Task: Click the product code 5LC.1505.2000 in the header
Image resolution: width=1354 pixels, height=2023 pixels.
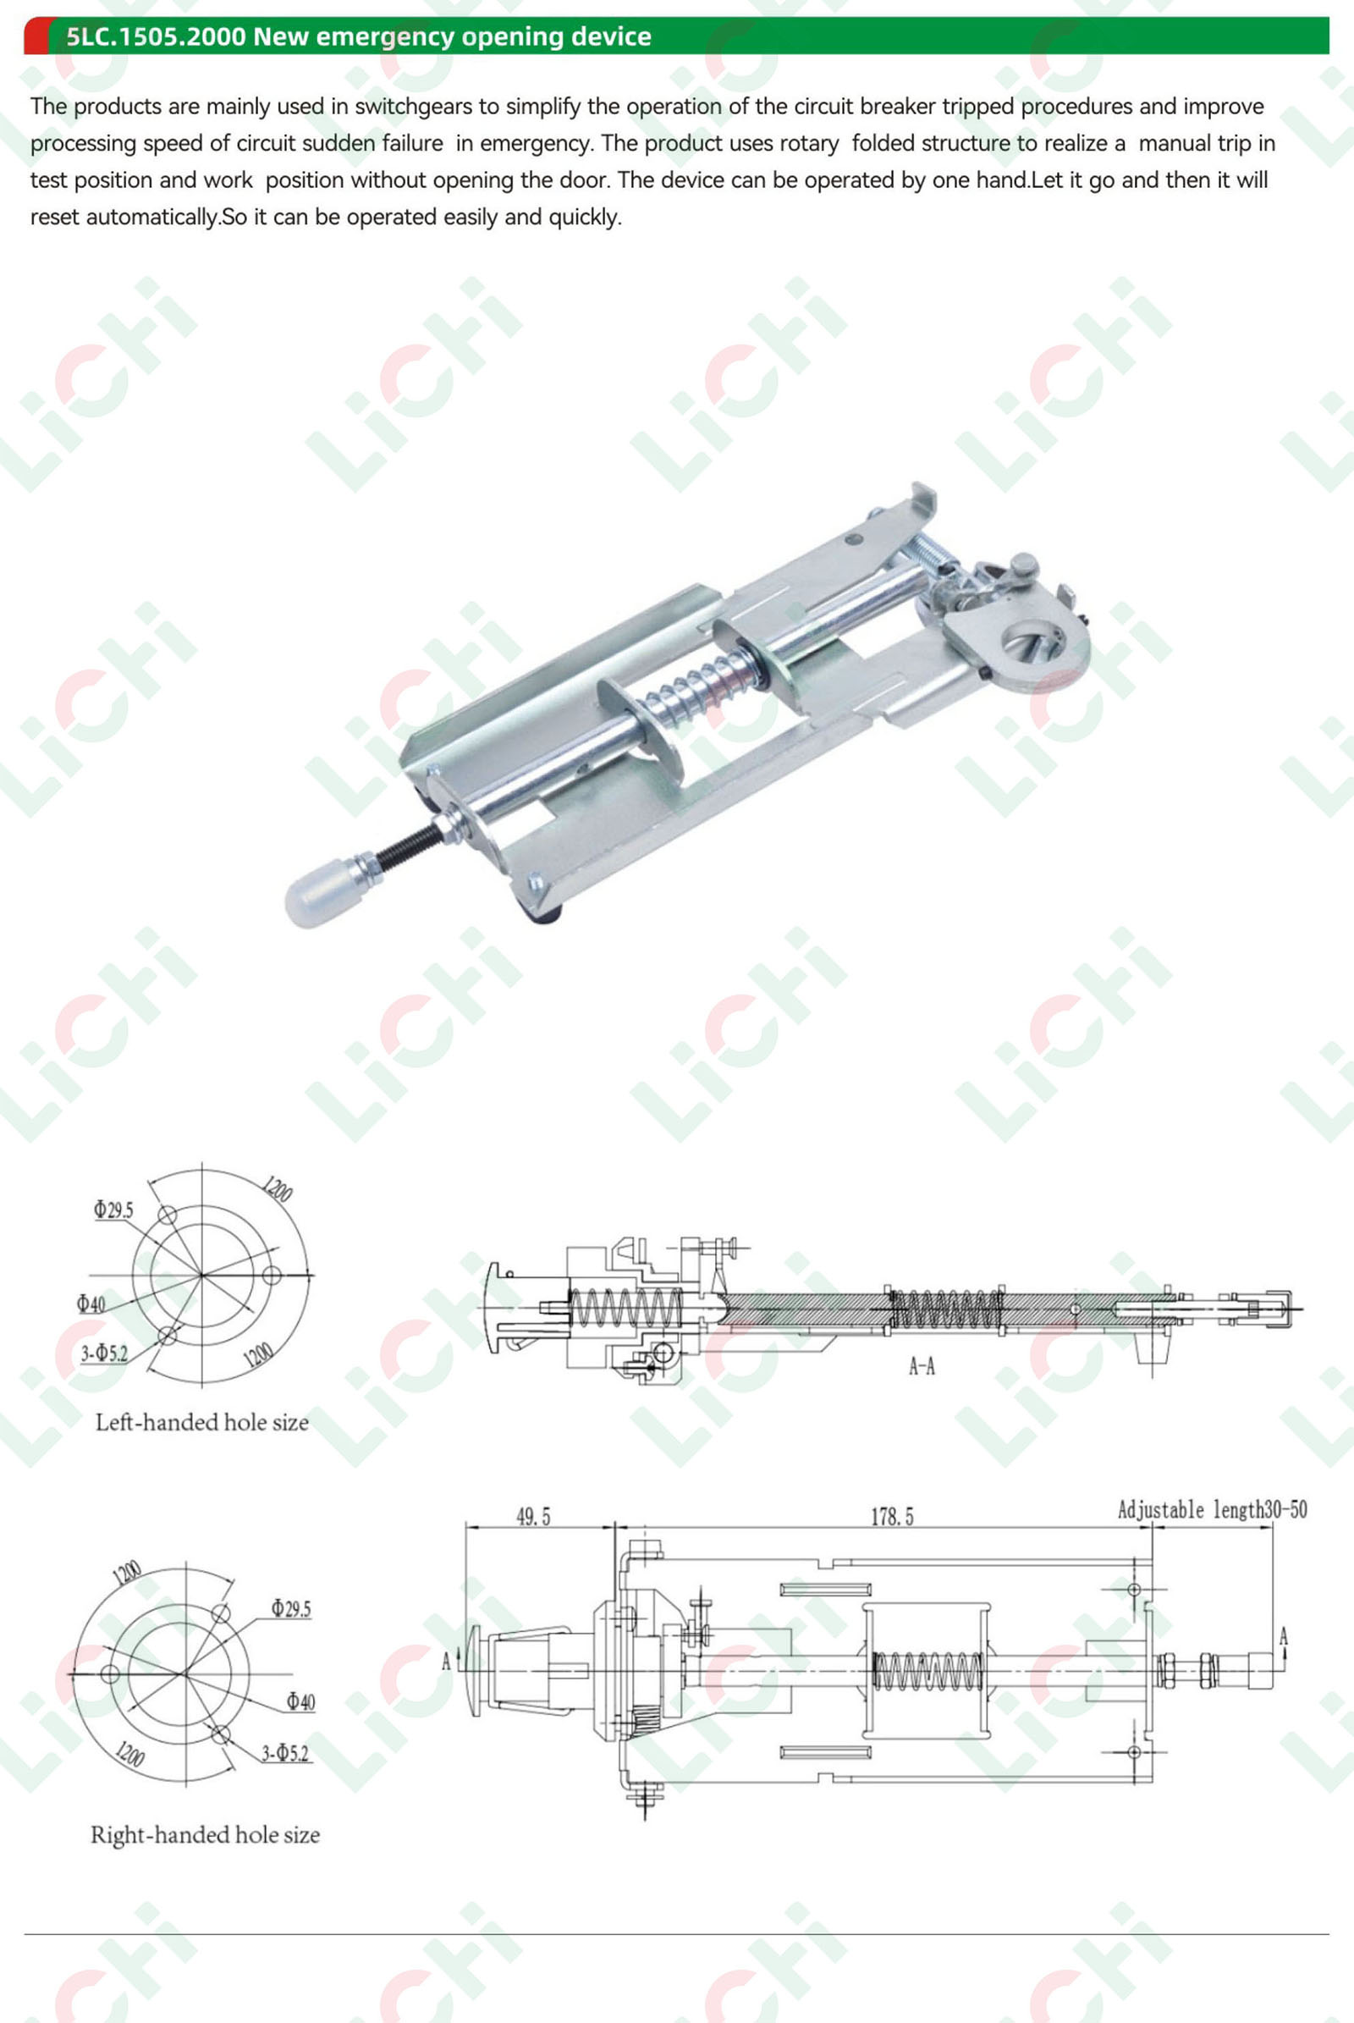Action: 157,36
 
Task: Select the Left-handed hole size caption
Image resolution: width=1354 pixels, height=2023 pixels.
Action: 202,1422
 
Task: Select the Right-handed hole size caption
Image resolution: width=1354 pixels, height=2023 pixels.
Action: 205,1835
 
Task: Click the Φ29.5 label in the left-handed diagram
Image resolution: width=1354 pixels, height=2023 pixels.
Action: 114,1210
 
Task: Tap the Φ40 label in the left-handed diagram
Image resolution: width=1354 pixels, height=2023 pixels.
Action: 91,1303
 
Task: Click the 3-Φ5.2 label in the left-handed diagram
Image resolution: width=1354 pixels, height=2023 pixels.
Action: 103,1353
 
